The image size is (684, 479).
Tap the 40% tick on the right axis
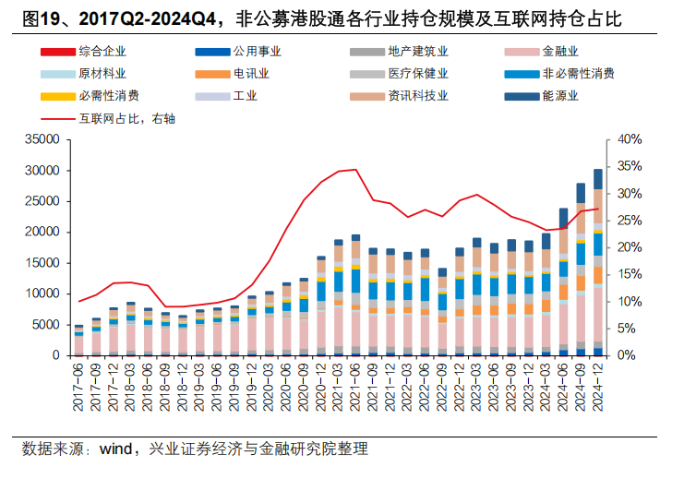(629, 139)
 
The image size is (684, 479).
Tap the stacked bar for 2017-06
(79, 340)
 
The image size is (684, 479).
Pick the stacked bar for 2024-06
(563, 281)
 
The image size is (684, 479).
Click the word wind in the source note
(115, 449)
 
